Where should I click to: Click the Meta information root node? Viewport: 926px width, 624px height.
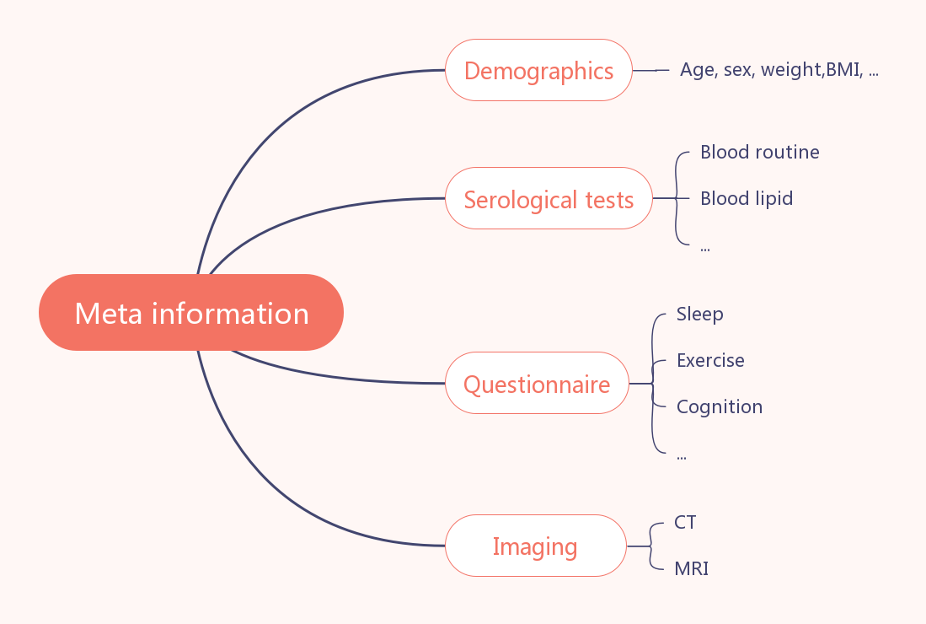[190, 312]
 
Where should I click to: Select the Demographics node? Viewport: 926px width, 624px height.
[538, 70]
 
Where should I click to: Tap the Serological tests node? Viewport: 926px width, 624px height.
[549, 198]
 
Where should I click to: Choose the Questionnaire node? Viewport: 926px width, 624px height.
[537, 383]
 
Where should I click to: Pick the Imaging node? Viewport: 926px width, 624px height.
[535, 546]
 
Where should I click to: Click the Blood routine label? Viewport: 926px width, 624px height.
[759, 153]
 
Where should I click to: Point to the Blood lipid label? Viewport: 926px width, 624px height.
[747, 198]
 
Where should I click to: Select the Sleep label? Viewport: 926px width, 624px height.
[700, 315]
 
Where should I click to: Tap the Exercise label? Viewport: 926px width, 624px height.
[710, 360]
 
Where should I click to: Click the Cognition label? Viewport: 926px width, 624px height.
[720, 407]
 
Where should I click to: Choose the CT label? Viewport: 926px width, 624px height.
[685, 522]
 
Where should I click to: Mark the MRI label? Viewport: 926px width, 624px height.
[692, 568]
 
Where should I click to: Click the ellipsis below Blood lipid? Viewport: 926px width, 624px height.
[705, 250]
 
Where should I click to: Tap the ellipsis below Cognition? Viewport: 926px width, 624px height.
[682, 457]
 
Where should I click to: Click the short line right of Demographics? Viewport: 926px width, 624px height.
[650, 70]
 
